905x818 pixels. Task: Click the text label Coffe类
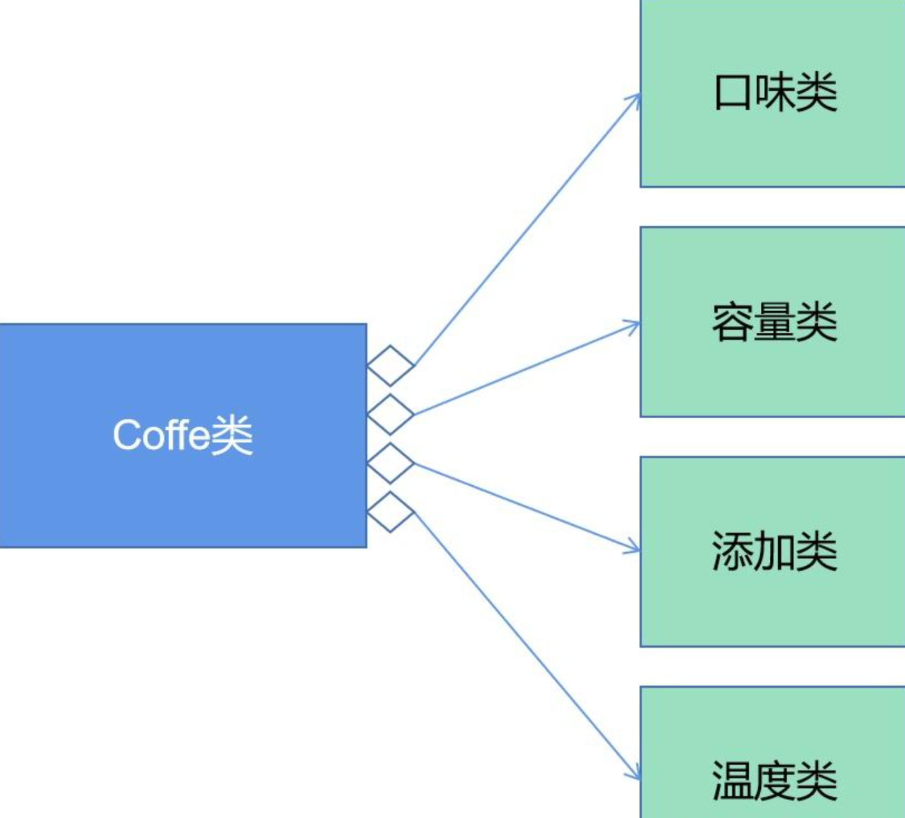(x=183, y=435)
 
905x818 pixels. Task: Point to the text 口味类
(x=775, y=92)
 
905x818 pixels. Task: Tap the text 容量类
(x=774, y=322)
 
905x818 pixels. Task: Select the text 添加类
(x=774, y=551)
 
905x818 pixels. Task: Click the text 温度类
(x=774, y=780)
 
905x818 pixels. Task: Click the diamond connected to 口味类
(x=390, y=365)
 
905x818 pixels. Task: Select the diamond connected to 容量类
(x=390, y=414)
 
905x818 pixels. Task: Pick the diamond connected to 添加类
(x=390, y=464)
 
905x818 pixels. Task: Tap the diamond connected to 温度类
(x=390, y=512)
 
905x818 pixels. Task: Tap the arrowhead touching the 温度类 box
(x=634, y=773)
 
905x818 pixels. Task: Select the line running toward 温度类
(x=526, y=644)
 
